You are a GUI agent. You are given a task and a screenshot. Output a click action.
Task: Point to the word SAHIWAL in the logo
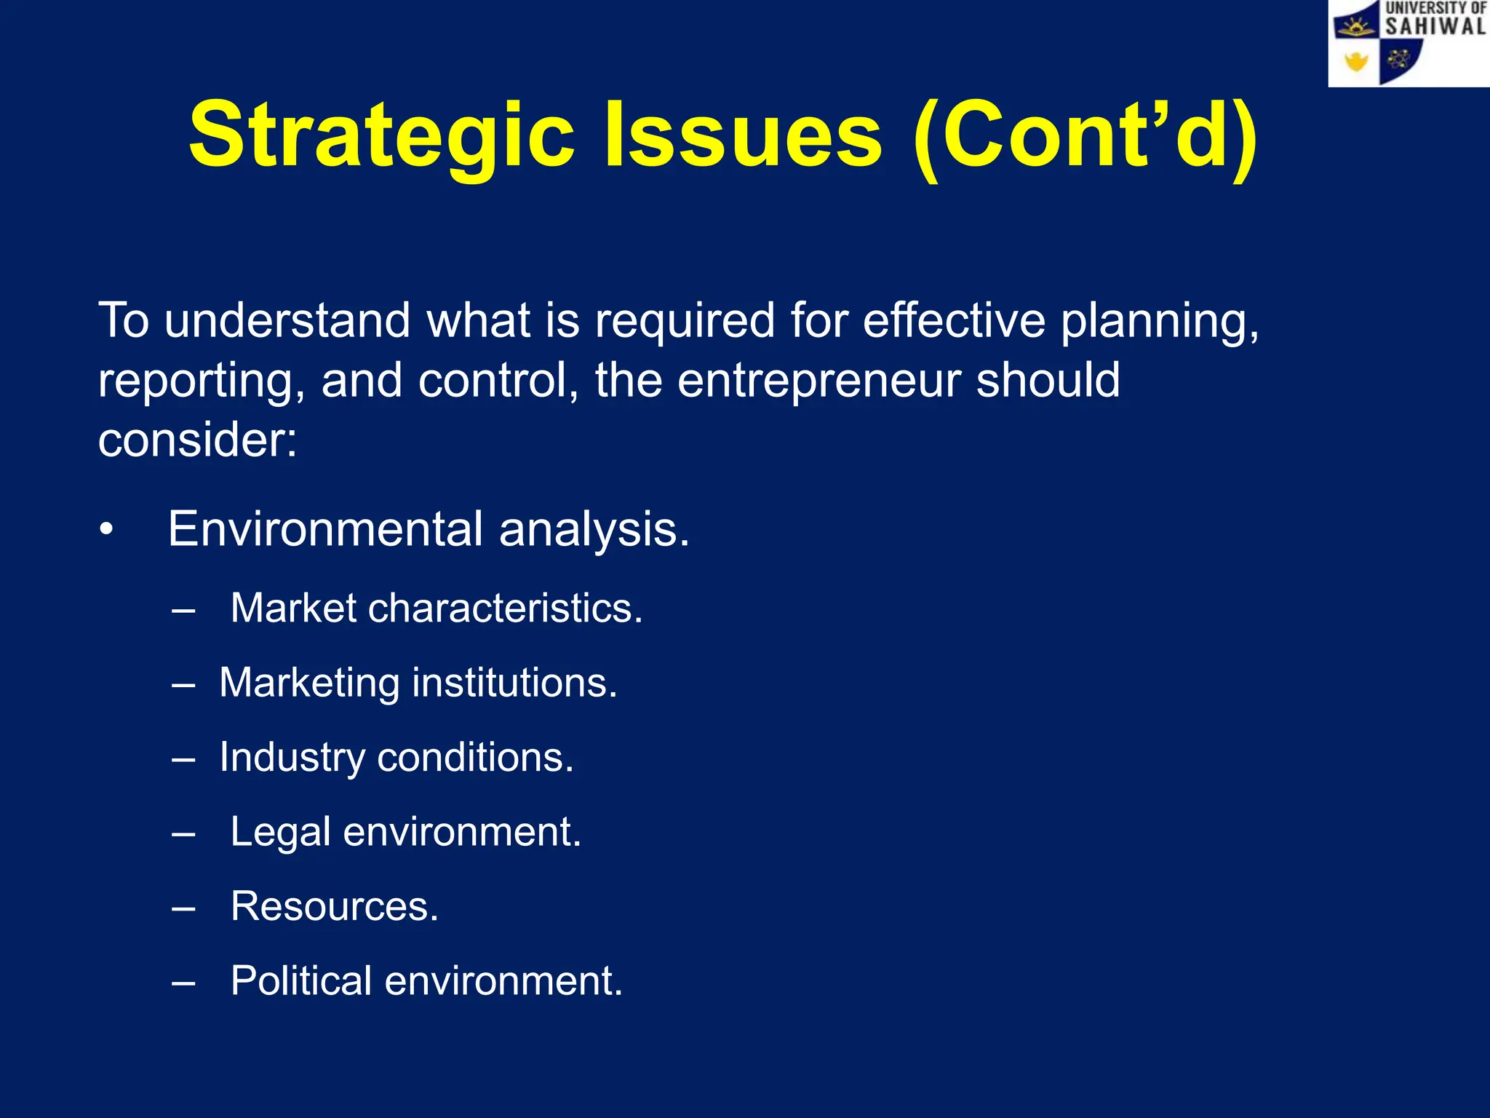pos(1434,27)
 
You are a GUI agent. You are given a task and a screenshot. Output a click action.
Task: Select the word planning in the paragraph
pos(1158,321)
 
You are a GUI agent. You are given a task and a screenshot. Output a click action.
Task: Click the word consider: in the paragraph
pos(198,440)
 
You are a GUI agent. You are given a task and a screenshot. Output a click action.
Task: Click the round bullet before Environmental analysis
pos(107,530)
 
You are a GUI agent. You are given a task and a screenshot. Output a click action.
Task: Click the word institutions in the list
pos(514,683)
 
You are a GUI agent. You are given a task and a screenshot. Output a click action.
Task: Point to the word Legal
pos(280,832)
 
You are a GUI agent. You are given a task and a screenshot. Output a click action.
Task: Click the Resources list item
pos(335,907)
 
